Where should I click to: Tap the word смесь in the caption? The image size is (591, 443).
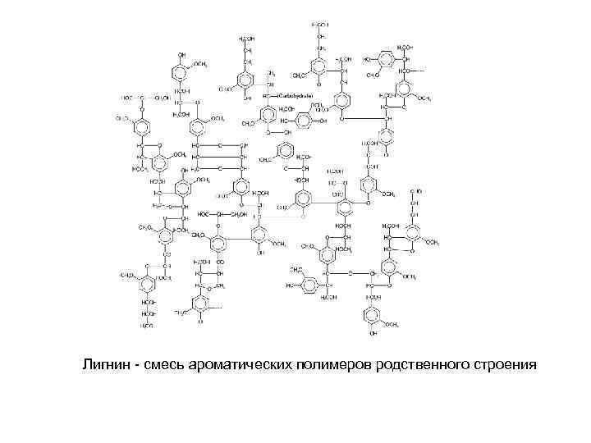coord(165,363)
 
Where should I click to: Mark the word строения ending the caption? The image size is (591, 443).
coord(495,363)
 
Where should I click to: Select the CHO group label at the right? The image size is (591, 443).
coord(418,190)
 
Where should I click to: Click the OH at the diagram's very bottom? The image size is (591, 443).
coord(373,335)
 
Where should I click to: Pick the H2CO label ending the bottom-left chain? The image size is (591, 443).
coord(147,326)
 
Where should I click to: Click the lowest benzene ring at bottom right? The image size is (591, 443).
coord(373,317)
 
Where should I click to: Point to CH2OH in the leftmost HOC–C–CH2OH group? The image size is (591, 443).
coord(162,97)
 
